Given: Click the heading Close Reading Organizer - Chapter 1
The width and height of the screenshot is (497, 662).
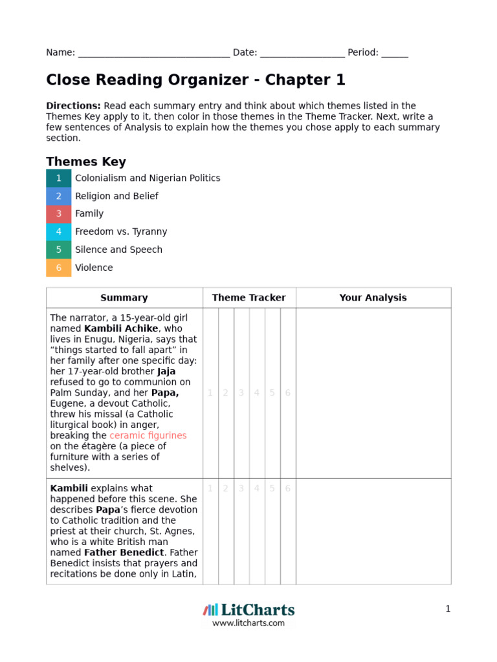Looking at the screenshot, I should [x=195, y=80].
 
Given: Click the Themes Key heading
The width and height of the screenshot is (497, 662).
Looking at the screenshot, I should [x=86, y=162].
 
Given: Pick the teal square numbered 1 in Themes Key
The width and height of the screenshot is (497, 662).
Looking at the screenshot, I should [x=59, y=178].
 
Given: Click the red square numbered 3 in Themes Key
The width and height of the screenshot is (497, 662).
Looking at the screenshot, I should [x=59, y=214].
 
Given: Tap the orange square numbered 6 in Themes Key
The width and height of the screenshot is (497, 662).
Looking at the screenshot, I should [x=59, y=268].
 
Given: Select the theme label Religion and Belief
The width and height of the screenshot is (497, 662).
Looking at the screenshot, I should [x=116, y=196].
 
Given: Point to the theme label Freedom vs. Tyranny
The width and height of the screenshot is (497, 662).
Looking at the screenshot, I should [x=121, y=231].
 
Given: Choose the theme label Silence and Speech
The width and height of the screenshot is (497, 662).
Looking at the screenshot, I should [x=118, y=250].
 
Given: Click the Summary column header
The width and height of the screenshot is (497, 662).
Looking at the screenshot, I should [x=124, y=298].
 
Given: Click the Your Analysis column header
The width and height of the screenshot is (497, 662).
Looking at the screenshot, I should [x=373, y=298].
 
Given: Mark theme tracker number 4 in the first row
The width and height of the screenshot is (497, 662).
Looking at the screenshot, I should [x=257, y=393].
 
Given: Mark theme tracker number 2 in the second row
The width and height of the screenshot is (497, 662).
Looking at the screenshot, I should [x=226, y=489].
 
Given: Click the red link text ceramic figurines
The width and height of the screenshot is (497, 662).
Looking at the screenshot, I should [x=148, y=436].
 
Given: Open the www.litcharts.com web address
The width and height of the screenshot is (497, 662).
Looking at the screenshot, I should [x=248, y=623].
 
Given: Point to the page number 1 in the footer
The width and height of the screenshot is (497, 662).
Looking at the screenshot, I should [x=448, y=609].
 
